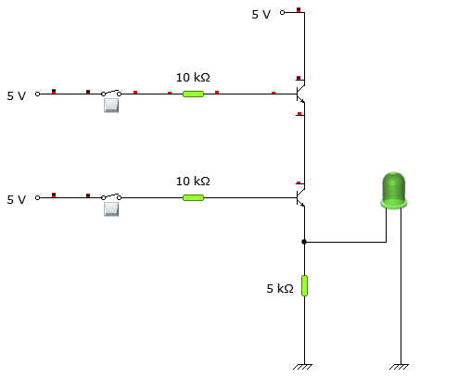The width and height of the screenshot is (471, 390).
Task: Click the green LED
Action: [394, 188]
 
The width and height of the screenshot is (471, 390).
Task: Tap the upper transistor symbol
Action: [300, 94]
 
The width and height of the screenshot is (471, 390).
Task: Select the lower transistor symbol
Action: [300, 197]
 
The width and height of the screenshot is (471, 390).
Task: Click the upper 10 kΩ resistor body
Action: [193, 94]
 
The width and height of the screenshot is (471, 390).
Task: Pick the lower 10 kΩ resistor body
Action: [193, 197]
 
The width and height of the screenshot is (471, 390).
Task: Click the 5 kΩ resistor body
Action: [304, 285]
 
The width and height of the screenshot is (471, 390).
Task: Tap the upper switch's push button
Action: [111, 105]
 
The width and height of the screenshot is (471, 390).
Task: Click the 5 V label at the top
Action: [261, 15]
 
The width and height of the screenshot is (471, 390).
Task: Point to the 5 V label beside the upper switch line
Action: [17, 95]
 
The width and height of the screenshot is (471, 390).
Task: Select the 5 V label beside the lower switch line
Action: [17, 199]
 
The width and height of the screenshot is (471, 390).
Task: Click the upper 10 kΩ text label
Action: [193, 78]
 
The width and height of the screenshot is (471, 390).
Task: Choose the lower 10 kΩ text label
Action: [193, 181]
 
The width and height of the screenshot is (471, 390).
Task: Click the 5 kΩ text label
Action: [280, 289]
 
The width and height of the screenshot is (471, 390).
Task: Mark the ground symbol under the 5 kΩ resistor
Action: [303, 367]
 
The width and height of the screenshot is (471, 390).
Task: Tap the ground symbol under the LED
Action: [400, 367]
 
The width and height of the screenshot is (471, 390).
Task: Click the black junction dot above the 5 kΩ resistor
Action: [304, 242]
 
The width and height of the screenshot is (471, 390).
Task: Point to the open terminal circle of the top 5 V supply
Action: [282, 13]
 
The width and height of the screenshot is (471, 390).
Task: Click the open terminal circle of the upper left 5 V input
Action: [38, 94]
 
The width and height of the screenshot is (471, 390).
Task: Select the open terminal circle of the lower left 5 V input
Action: [38, 197]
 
